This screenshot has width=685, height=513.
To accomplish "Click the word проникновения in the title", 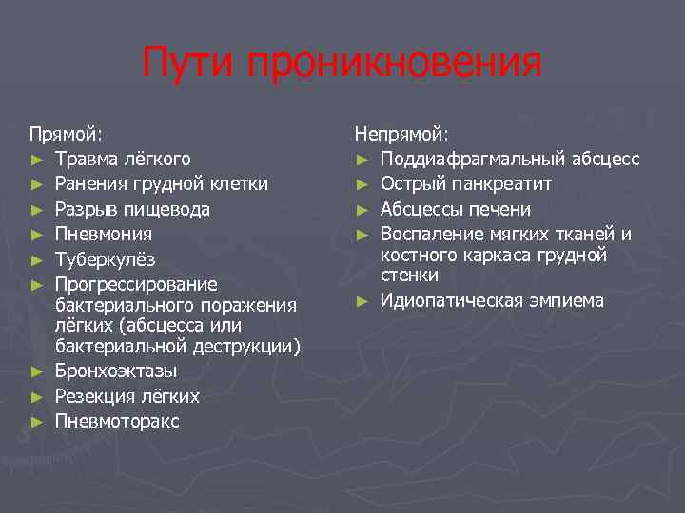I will [395, 65].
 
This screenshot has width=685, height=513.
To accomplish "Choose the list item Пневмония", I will [103, 234].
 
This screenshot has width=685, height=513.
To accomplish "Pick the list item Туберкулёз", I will [105, 259].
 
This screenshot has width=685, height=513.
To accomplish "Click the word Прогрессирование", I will [136, 284].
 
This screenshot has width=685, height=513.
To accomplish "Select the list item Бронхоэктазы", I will [115, 370].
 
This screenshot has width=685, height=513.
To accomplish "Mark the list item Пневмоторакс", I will [117, 421].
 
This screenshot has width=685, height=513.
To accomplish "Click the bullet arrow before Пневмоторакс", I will [35, 421].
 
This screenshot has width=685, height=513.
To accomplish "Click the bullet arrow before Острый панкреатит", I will [362, 183].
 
